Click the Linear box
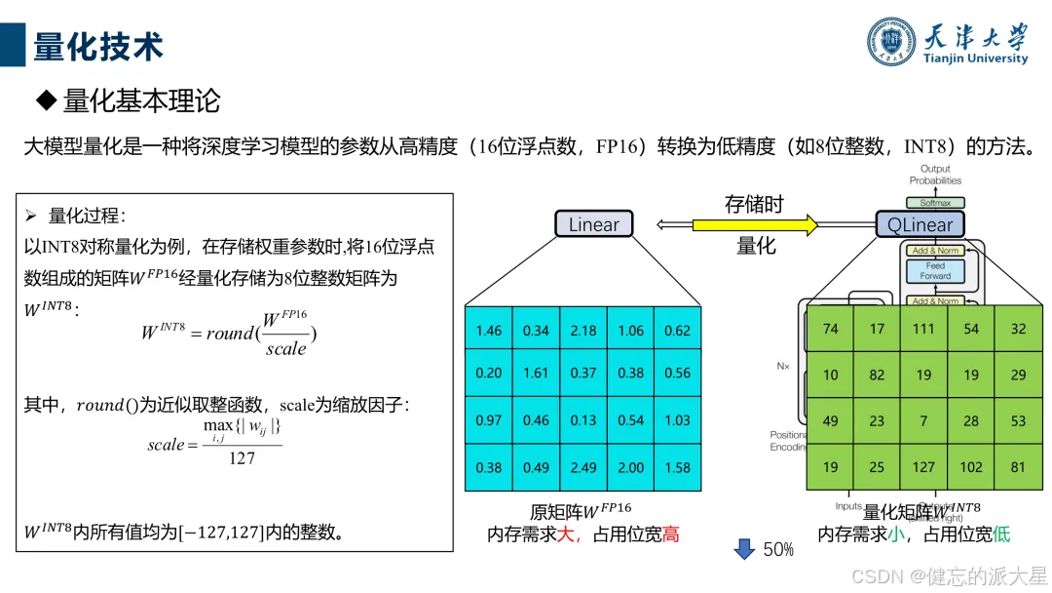tap(593, 225)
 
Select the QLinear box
tap(920, 225)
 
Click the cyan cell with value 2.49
tap(583, 467)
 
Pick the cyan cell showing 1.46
tap(488, 330)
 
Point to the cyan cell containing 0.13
tap(583, 420)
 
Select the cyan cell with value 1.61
tap(536, 373)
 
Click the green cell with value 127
tap(923, 466)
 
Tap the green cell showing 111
tap(923, 329)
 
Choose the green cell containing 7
tap(923, 420)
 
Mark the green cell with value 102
tap(971, 466)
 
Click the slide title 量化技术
tap(98, 46)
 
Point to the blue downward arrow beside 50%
tap(744, 549)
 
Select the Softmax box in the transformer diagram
tap(935, 203)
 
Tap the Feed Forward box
tap(935, 270)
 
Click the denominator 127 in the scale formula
tap(242, 458)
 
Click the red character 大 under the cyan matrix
tap(566, 534)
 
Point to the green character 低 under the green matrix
tap(1002, 534)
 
